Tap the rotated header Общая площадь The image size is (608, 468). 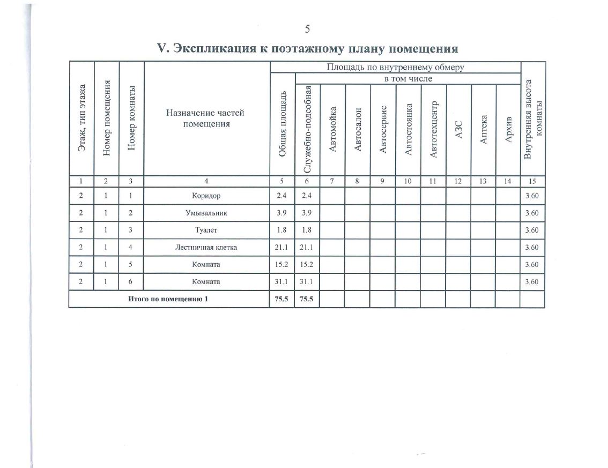pos(282,124)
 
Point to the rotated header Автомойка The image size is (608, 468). pos(332,130)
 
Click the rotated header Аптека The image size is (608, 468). pos(484,129)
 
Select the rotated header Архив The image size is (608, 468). pos(509,130)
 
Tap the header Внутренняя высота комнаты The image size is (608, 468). pos(532,120)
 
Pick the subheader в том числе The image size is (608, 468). pos(407,79)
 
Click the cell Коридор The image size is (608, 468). pos(206,196)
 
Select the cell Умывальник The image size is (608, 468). pos(206,213)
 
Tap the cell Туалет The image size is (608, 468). pos(206,230)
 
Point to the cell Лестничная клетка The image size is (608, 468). pos(206,247)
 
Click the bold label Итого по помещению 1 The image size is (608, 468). pos(168,299)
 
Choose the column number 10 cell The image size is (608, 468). pos(408,181)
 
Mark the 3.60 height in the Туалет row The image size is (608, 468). pos(532,230)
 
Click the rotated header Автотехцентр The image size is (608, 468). pos(433,130)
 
